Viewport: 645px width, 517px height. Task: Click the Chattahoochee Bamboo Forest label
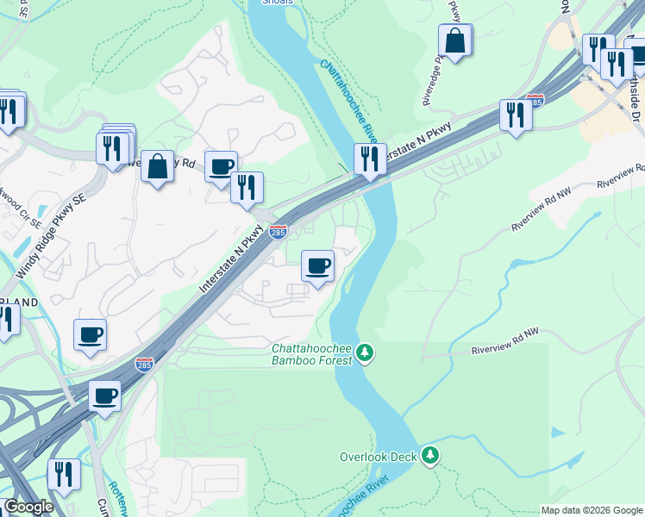pos(311,354)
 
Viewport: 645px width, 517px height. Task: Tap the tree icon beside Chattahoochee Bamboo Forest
pos(366,352)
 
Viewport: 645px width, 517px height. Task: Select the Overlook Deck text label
pos(379,457)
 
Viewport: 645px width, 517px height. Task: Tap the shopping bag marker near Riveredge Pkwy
pos(454,40)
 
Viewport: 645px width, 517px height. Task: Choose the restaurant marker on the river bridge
pos(369,159)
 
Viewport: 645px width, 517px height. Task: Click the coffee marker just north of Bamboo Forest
pos(318,265)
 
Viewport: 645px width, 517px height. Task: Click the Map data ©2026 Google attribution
pos(592,510)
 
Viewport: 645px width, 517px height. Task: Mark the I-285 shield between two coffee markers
pos(144,364)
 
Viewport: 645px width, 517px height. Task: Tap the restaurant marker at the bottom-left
pos(63,474)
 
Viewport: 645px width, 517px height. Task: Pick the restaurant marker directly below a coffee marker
pos(247,187)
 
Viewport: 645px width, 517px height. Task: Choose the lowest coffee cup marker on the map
pos(105,396)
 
